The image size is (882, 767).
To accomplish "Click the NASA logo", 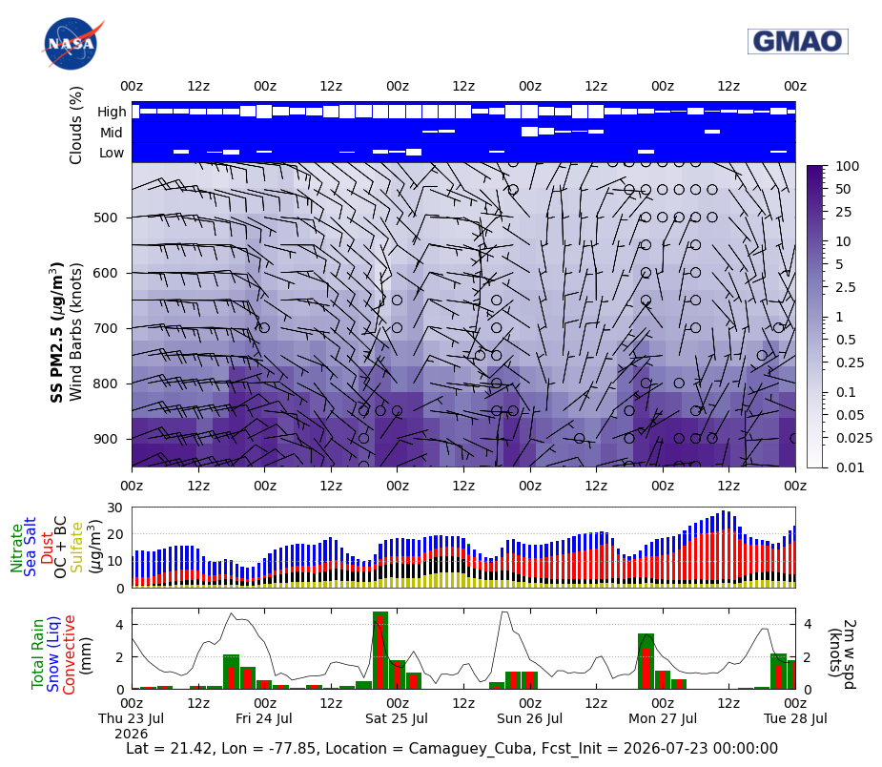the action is pos(72,44).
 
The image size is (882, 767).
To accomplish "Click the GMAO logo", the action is pos(798,41).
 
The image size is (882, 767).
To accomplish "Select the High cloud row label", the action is pos(112,112).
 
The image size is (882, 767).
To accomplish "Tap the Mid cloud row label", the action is pos(112,133).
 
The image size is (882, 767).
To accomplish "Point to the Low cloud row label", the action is pos(112,153).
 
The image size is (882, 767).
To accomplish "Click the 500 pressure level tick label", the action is pos(105,218).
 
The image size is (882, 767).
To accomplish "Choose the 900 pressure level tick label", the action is pos(105,439).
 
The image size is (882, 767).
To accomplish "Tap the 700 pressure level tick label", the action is pos(105,328).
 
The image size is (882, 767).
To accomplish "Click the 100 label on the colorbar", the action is pos(847,166).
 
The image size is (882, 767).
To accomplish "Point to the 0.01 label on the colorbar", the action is pos(850,467).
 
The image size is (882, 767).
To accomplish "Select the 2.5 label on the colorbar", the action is pos(846,287).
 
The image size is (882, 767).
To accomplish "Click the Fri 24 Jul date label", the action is pos(264,718).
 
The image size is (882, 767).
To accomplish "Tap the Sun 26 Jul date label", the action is pos(529,718).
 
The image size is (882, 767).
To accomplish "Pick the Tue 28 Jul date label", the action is pos(795,718).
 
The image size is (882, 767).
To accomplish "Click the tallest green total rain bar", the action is pos(380,650).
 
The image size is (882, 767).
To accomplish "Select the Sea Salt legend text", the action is pos(30,547).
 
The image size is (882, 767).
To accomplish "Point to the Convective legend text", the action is pos(69,655).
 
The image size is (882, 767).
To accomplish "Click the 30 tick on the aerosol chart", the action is pos(114,508).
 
